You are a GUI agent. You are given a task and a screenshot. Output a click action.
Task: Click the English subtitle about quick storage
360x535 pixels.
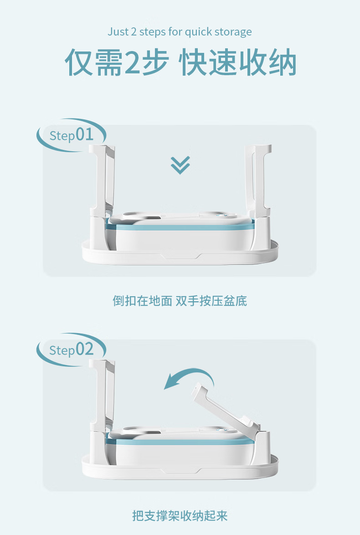coord(180,32)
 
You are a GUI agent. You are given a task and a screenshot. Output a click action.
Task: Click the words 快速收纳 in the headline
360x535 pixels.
coord(237,62)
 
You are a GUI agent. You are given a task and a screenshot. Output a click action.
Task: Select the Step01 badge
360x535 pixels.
coord(72,135)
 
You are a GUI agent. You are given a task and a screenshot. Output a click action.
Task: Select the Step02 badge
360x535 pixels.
coord(72,350)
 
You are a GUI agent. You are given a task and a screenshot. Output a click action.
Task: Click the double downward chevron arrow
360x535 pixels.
coord(180,165)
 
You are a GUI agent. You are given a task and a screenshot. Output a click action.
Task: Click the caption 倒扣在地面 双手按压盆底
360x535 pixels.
coord(180,301)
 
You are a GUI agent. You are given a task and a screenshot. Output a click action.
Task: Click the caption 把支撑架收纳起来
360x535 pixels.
coord(180,515)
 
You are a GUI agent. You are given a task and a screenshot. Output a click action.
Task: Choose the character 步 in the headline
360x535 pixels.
coord(155,62)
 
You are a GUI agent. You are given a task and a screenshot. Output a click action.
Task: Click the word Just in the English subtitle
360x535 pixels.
coord(118,32)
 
